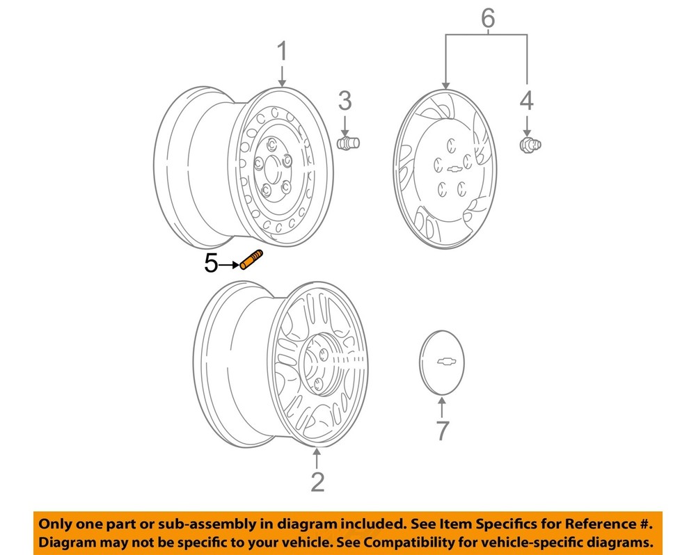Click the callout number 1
[282, 51]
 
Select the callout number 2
[317, 481]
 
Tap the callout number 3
[345, 101]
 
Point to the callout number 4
[527, 101]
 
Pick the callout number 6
[488, 17]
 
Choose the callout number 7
[443, 431]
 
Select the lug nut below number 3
[347, 143]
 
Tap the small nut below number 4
[530, 145]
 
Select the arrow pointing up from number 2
[317, 458]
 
